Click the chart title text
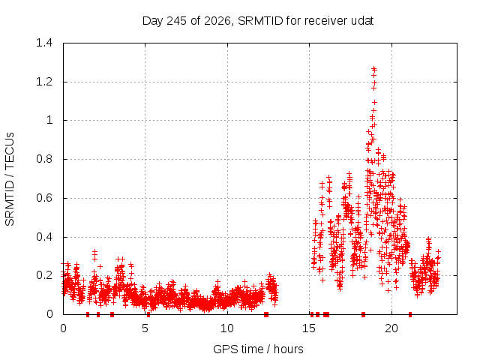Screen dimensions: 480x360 coord(258,21)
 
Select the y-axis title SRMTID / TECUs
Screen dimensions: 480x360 coord(10,179)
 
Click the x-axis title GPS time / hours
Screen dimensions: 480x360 coord(258,349)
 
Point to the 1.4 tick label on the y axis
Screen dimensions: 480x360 coord(44,43)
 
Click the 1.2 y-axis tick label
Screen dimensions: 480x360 coord(44,82)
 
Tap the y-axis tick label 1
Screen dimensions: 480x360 coord(49,120)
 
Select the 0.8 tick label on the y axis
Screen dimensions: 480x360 coord(44,159)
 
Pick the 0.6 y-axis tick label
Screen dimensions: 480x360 coord(44,198)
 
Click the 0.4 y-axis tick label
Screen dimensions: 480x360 coord(44,237)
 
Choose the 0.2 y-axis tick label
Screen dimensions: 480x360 coord(44,275)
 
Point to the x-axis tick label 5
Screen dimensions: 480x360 coord(145,328)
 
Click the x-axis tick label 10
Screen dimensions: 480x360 coord(227,328)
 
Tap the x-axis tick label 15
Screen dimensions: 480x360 coord(309,328)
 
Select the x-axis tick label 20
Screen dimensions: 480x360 coord(391,328)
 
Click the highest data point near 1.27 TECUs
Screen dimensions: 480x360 coord(373,68)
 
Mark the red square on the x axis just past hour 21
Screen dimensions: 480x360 coord(410,314)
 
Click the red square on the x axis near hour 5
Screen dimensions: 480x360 coord(148,314)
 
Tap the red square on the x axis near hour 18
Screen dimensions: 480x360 coord(363,314)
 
